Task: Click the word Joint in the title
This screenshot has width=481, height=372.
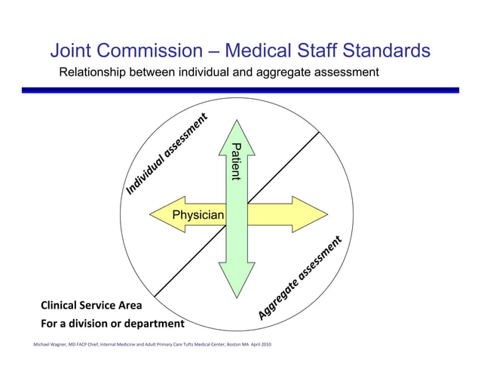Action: pos(74,51)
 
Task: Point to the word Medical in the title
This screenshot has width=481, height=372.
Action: pos(261,51)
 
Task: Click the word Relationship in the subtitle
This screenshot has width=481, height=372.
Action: pos(94,73)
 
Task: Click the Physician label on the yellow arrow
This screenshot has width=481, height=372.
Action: pos(198,216)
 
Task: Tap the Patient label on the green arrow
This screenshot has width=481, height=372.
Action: pos(235,161)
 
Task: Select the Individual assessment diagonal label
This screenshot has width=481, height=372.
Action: pos(165,155)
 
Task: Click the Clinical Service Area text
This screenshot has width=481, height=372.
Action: pos(85,306)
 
